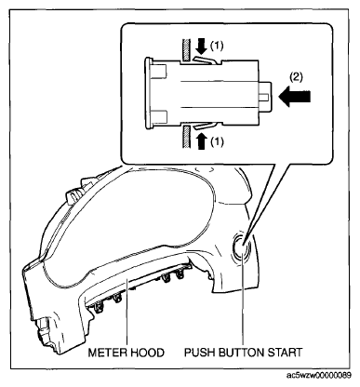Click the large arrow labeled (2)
[295, 97]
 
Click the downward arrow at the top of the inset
[202, 47]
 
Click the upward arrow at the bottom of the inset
[202, 140]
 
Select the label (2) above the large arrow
[296, 77]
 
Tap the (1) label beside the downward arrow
[217, 47]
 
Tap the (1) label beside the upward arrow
[217, 142]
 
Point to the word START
[285, 353]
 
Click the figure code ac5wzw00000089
[319, 376]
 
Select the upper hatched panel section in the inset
[185, 49]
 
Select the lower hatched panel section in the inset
[185, 137]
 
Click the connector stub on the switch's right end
[265, 97]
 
